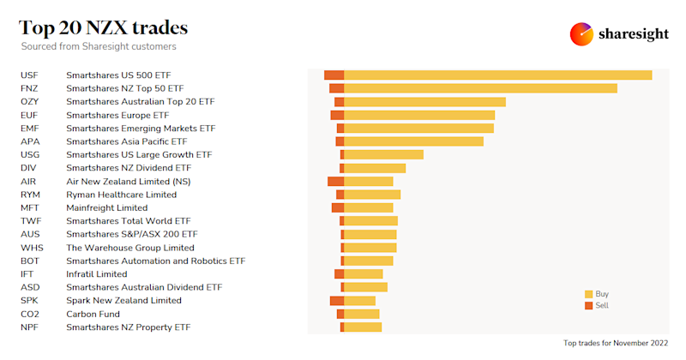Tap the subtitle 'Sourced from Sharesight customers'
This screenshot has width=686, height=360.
[105, 46]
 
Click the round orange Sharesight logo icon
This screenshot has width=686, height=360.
[581, 34]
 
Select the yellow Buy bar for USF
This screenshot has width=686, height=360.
[497, 75]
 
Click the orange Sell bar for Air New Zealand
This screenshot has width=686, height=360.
[335, 181]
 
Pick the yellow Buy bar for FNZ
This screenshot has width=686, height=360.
[480, 88]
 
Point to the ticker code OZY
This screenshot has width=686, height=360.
[30, 102]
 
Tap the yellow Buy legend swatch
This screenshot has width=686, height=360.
[588, 293]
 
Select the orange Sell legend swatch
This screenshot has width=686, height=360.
[588, 305]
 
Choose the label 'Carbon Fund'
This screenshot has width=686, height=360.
[93, 314]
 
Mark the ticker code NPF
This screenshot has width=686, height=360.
[30, 327]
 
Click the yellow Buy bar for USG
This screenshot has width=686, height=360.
[383, 154]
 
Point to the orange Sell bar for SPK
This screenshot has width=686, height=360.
[336, 301]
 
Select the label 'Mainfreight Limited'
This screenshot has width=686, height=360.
[107, 207]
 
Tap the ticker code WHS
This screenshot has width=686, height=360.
[31, 248]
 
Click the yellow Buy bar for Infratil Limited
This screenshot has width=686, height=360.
[363, 274]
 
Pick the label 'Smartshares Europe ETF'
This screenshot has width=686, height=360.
[117, 115]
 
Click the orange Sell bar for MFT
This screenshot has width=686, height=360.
[337, 207]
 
